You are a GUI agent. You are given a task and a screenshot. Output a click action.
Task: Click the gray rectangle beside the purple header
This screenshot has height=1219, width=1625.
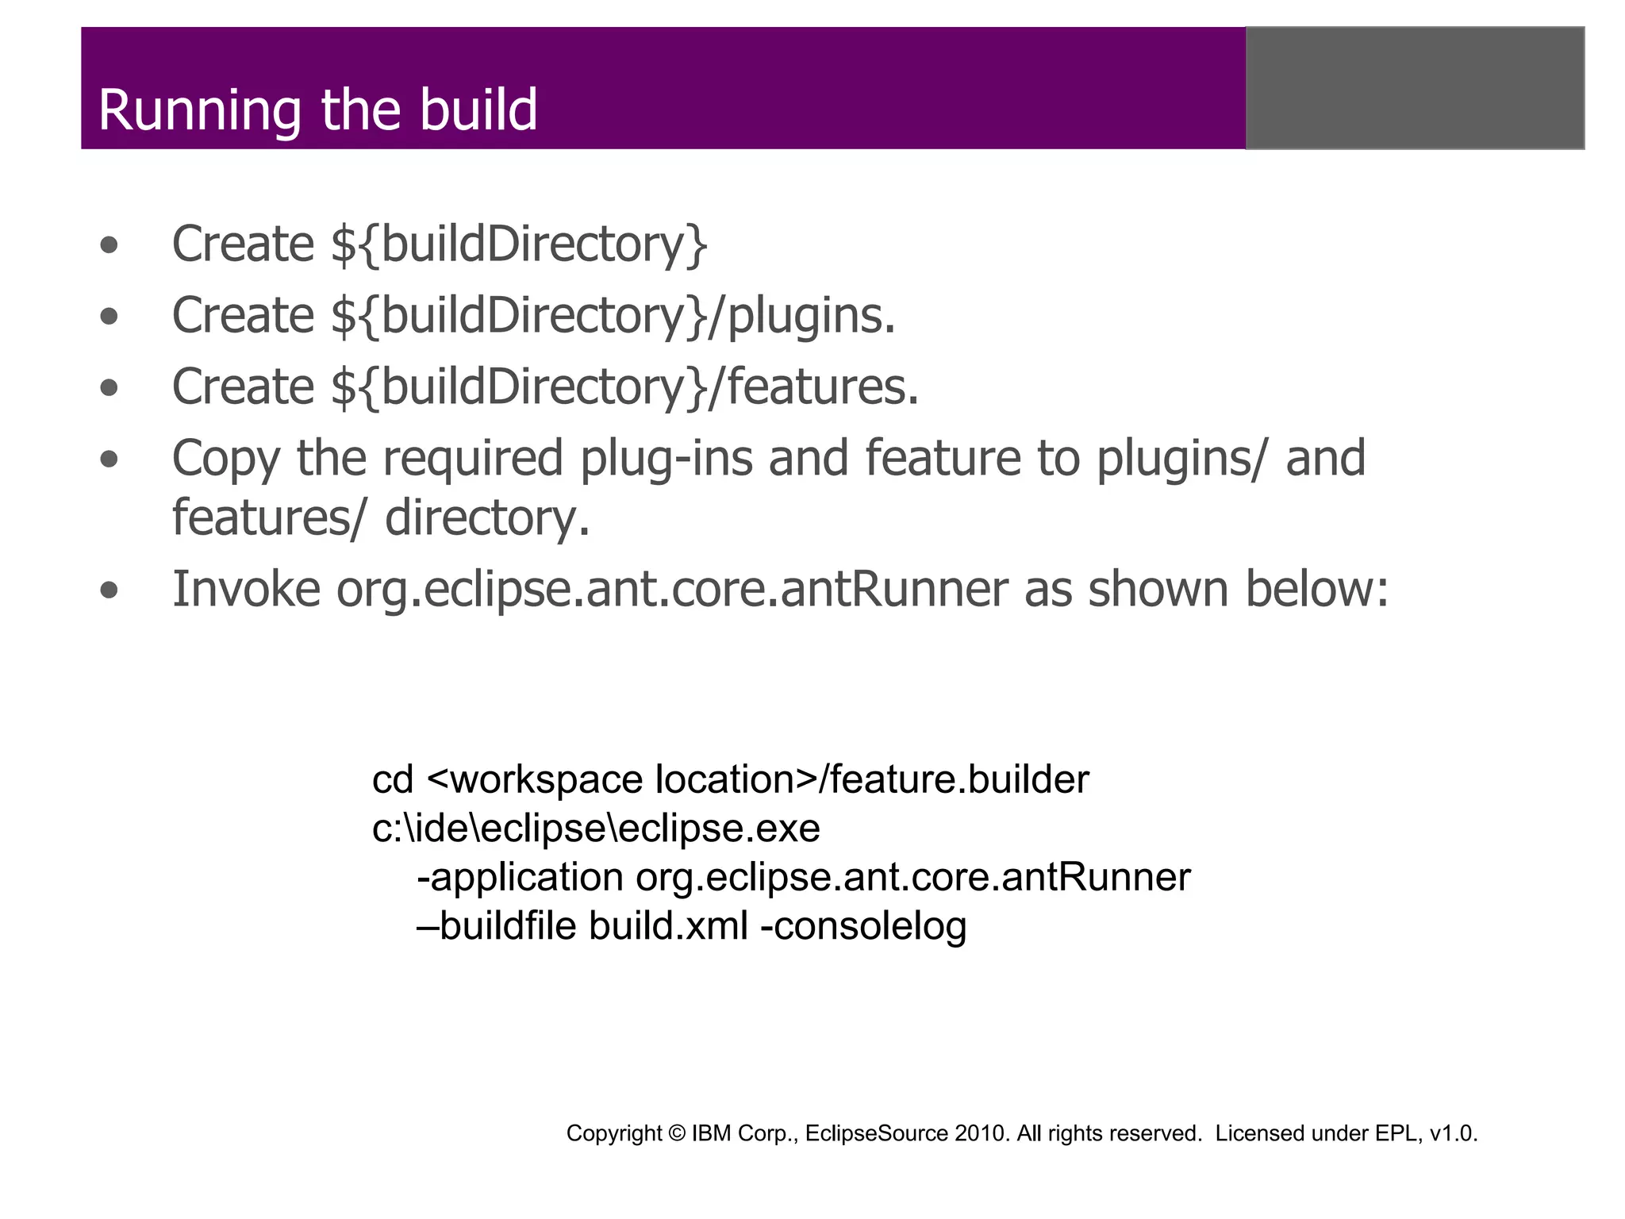(1415, 88)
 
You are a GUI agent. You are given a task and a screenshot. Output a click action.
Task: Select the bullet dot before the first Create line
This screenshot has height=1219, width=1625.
(109, 245)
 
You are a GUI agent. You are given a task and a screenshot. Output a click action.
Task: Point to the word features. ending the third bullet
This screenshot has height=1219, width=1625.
(823, 387)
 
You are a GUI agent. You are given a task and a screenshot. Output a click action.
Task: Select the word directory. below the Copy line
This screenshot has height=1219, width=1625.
(487, 519)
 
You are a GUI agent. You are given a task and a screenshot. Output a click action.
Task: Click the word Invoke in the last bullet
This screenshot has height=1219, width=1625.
(246, 590)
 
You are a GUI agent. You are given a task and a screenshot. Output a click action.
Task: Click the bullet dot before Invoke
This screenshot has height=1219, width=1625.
(109, 590)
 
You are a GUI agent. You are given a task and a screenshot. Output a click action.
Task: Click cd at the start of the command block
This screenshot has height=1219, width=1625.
(392, 780)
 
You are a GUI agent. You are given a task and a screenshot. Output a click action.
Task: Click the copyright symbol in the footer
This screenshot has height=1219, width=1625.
(676, 1134)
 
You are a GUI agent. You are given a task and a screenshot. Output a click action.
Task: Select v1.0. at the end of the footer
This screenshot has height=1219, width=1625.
(1453, 1134)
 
